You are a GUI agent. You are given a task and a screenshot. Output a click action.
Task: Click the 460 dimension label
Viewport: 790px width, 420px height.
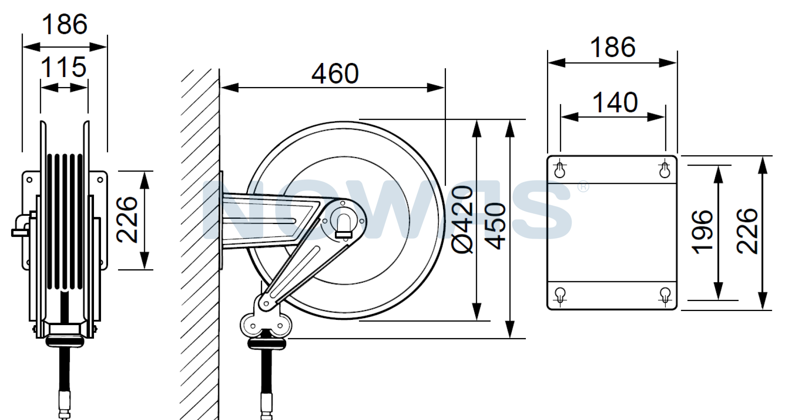(335, 74)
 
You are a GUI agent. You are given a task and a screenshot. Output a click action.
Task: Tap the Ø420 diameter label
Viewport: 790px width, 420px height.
(463, 220)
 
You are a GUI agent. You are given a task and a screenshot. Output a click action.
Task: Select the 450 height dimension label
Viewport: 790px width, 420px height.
(495, 226)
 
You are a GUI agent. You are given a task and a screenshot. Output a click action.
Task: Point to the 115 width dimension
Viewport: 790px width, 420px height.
(64, 67)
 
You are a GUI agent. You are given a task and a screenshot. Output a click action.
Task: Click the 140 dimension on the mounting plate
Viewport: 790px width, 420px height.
(615, 103)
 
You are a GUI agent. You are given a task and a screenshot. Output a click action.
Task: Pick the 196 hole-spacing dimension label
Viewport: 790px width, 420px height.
(702, 232)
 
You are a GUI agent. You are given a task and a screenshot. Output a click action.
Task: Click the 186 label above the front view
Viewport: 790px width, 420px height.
(65, 24)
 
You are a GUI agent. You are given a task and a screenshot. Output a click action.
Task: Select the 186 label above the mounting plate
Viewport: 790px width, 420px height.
(612, 47)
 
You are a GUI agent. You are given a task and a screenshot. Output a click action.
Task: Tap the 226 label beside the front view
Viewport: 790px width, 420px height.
(127, 220)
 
